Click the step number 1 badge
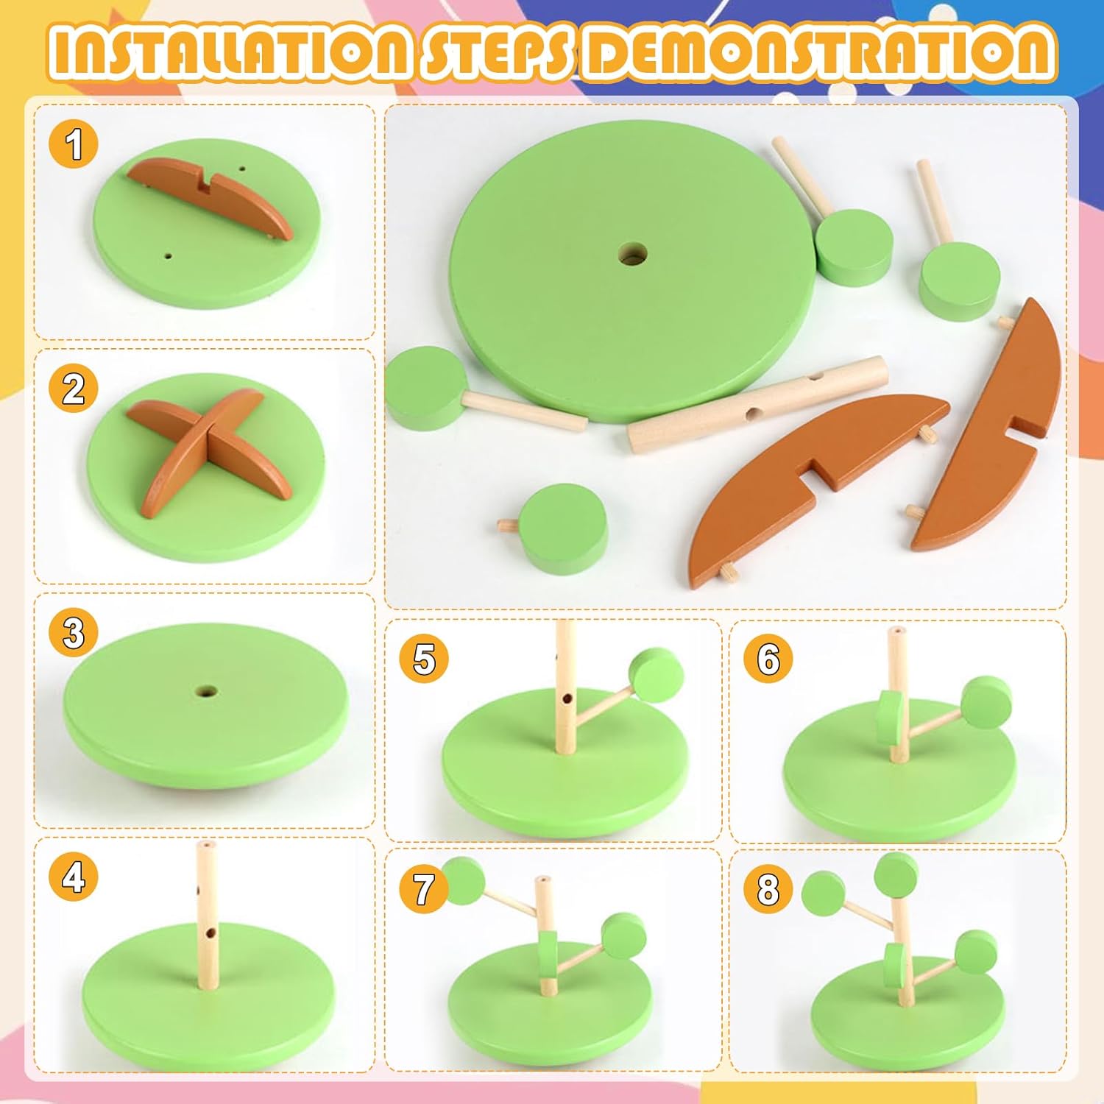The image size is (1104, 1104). (x=74, y=144)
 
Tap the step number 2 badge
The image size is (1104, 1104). (x=74, y=388)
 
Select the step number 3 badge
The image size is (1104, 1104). (x=74, y=632)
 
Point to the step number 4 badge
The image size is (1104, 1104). (x=74, y=877)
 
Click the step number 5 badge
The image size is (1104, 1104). (x=424, y=658)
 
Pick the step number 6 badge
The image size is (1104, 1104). (x=768, y=658)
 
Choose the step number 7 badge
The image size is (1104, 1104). (x=424, y=888)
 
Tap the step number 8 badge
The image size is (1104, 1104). (x=768, y=888)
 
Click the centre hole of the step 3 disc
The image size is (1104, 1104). (x=206, y=692)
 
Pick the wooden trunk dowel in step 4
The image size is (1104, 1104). (x=208, y=916)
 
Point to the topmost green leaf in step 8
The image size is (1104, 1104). (x=896, y=874)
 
